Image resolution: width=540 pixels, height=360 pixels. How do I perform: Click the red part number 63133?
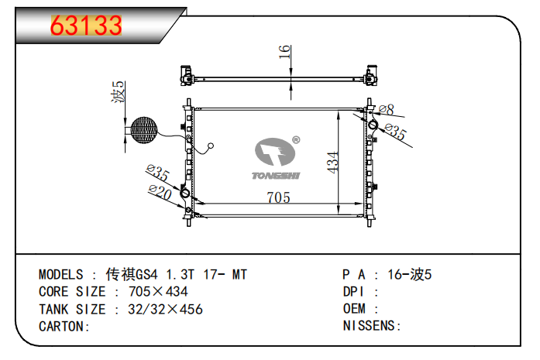[x=86, y=26]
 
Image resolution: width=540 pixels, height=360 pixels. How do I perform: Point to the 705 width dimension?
[x=278, y=197]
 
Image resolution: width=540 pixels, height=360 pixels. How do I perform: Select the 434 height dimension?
[x=332, y=163]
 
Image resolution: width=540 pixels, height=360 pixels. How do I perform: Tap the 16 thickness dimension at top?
[x=285, y=52]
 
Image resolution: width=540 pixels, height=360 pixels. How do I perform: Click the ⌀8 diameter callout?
[x=386, y=109]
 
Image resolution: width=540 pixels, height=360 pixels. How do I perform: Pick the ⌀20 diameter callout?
[x=160, y=192]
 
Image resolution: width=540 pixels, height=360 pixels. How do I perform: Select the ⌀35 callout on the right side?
[x=396, y=132]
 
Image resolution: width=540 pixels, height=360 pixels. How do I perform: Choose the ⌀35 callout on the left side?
[x=157, y=172]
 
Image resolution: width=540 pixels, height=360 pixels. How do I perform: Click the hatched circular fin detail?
[x=144, y=130]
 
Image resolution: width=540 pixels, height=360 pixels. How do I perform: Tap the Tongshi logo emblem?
[x=275, y=152]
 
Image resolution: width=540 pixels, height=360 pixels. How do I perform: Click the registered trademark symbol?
[x=296, y=139]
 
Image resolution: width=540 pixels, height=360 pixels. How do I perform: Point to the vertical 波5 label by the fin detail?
[x=118, y=91]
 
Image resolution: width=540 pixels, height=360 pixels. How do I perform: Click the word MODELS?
[x=61, y=275]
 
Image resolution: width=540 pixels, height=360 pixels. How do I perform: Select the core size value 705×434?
[x=158, y=292]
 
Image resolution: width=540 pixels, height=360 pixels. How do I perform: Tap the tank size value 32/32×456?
[x=165, y=309]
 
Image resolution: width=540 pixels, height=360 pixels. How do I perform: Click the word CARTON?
[x=61, y=326]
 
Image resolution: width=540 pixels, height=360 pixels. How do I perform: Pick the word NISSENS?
[x=369, y=326]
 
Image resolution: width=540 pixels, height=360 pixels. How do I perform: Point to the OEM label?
[x=354, y=308]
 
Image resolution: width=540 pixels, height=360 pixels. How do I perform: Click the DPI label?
[x=353, y=292]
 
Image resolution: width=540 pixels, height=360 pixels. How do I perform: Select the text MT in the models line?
[x=239, y=275]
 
